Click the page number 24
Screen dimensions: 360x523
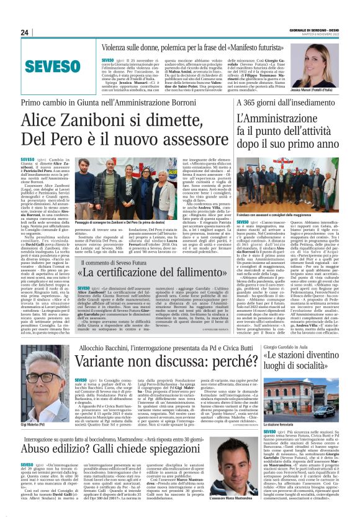point(25,32)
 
